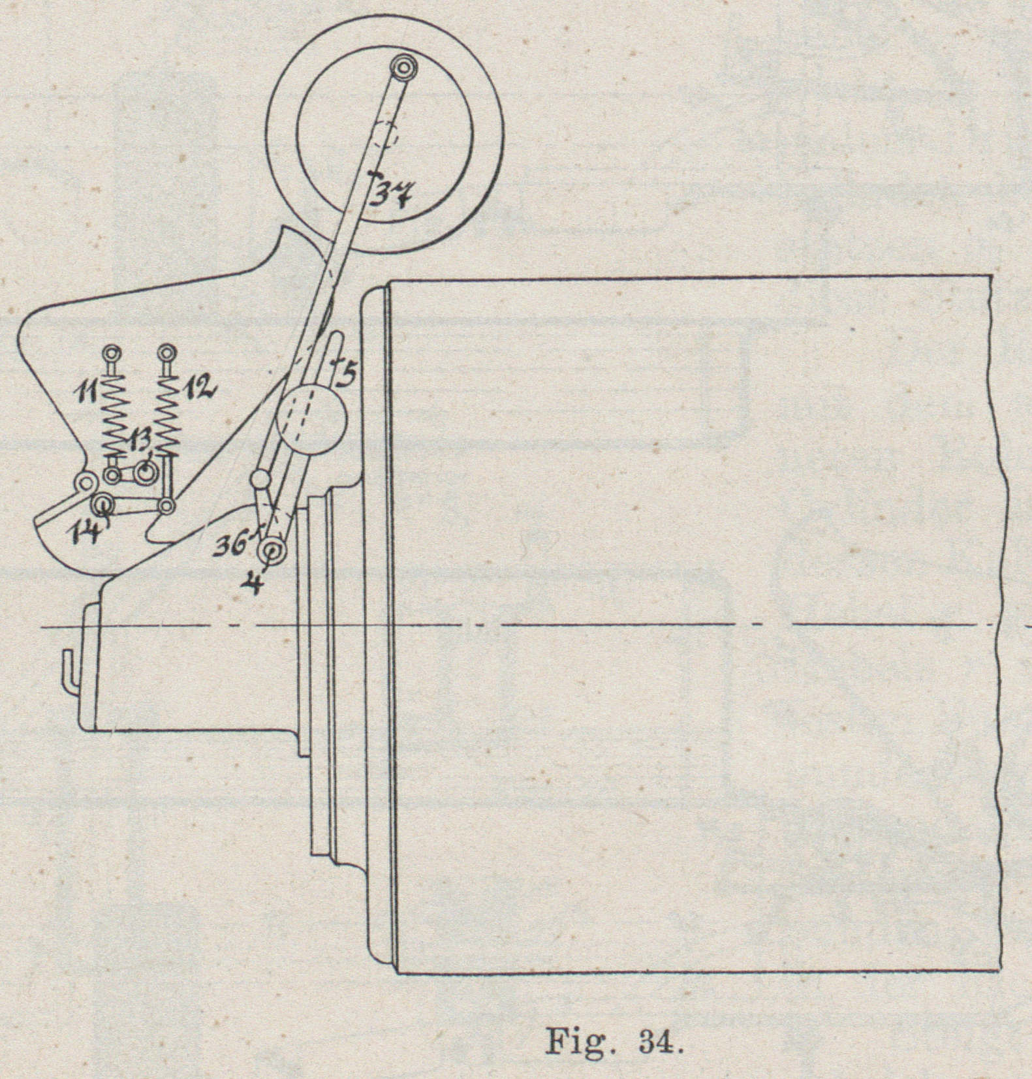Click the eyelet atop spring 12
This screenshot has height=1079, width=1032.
(x=168, y=353)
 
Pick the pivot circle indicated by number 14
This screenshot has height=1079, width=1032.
(x=102, y=505)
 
